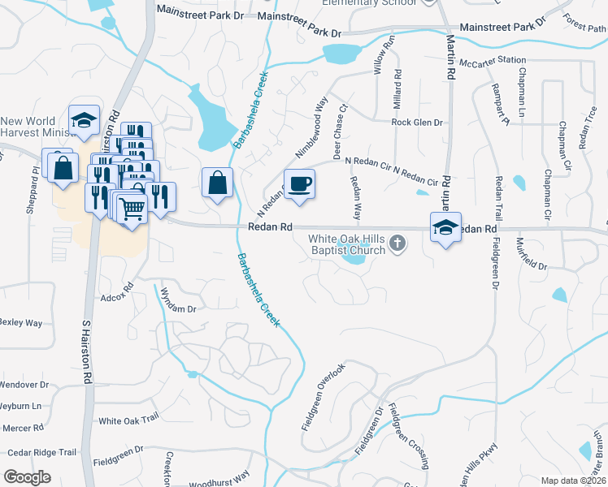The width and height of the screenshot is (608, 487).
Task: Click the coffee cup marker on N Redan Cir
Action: (x=298, y=183)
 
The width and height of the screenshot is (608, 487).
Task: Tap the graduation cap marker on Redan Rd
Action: (x=445, y=228)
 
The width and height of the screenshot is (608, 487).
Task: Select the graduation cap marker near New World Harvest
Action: (x=84, y=121)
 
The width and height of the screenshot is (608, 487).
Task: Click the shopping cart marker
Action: (x=131, y=209)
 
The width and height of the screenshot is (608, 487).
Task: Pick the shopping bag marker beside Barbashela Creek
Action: (x=218, y=183)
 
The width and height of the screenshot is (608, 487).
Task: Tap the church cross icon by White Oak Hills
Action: (x=397, y=242)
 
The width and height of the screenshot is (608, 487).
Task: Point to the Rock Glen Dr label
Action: (x=417, y=123)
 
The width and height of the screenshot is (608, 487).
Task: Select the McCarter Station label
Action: (x=492, y=61)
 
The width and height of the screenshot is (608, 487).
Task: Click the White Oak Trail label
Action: (x=128, y=420)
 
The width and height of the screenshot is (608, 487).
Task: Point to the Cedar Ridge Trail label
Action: (x=41, y=452)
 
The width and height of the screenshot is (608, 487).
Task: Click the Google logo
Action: (x=27, y=477)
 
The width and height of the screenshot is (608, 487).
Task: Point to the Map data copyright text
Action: (x=574, y=481)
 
